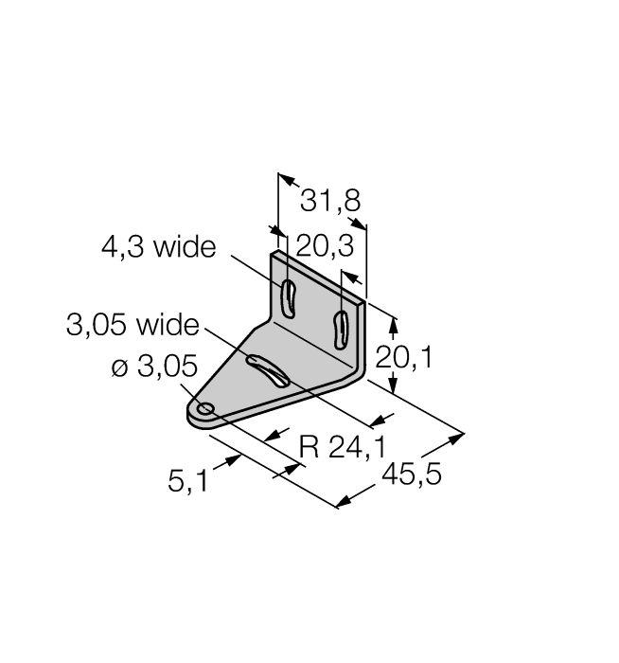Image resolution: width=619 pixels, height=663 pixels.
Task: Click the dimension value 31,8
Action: [329, 200]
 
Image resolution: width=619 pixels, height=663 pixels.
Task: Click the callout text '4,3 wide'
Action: [158, 248]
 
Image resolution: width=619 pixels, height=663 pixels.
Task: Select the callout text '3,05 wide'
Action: [133, 326]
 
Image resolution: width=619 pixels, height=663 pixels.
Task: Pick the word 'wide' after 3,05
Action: [168, 326]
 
